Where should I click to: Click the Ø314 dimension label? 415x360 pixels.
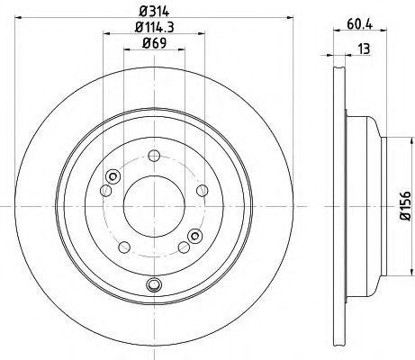point(152,11)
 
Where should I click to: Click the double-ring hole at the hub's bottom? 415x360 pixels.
point(153,286)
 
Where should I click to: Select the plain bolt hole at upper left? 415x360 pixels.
point(106,189)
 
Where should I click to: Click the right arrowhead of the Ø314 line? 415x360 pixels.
point(288,20)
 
